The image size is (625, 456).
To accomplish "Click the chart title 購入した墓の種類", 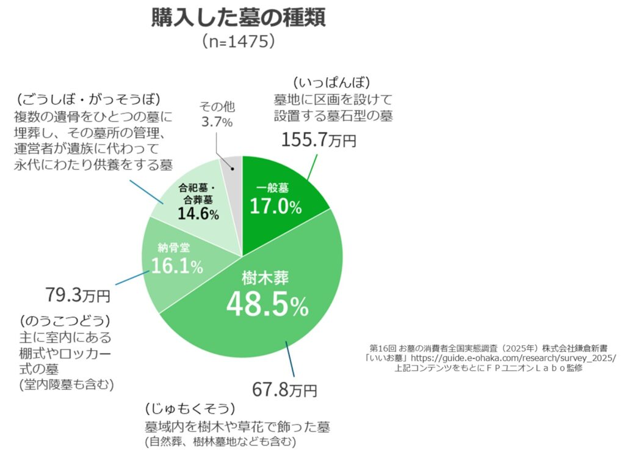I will click(239, 18).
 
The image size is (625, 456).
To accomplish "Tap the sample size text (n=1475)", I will click(239, 42).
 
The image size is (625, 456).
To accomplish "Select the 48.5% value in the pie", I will click(267, 304).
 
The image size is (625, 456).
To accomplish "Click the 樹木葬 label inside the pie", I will click(265, 278).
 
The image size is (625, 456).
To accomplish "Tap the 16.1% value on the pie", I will click(177, 267).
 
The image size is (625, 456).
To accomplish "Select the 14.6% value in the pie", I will click(198, 213).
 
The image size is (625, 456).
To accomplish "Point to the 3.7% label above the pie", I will click(217, 122).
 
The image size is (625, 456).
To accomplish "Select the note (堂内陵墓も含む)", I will click(67, 385).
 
